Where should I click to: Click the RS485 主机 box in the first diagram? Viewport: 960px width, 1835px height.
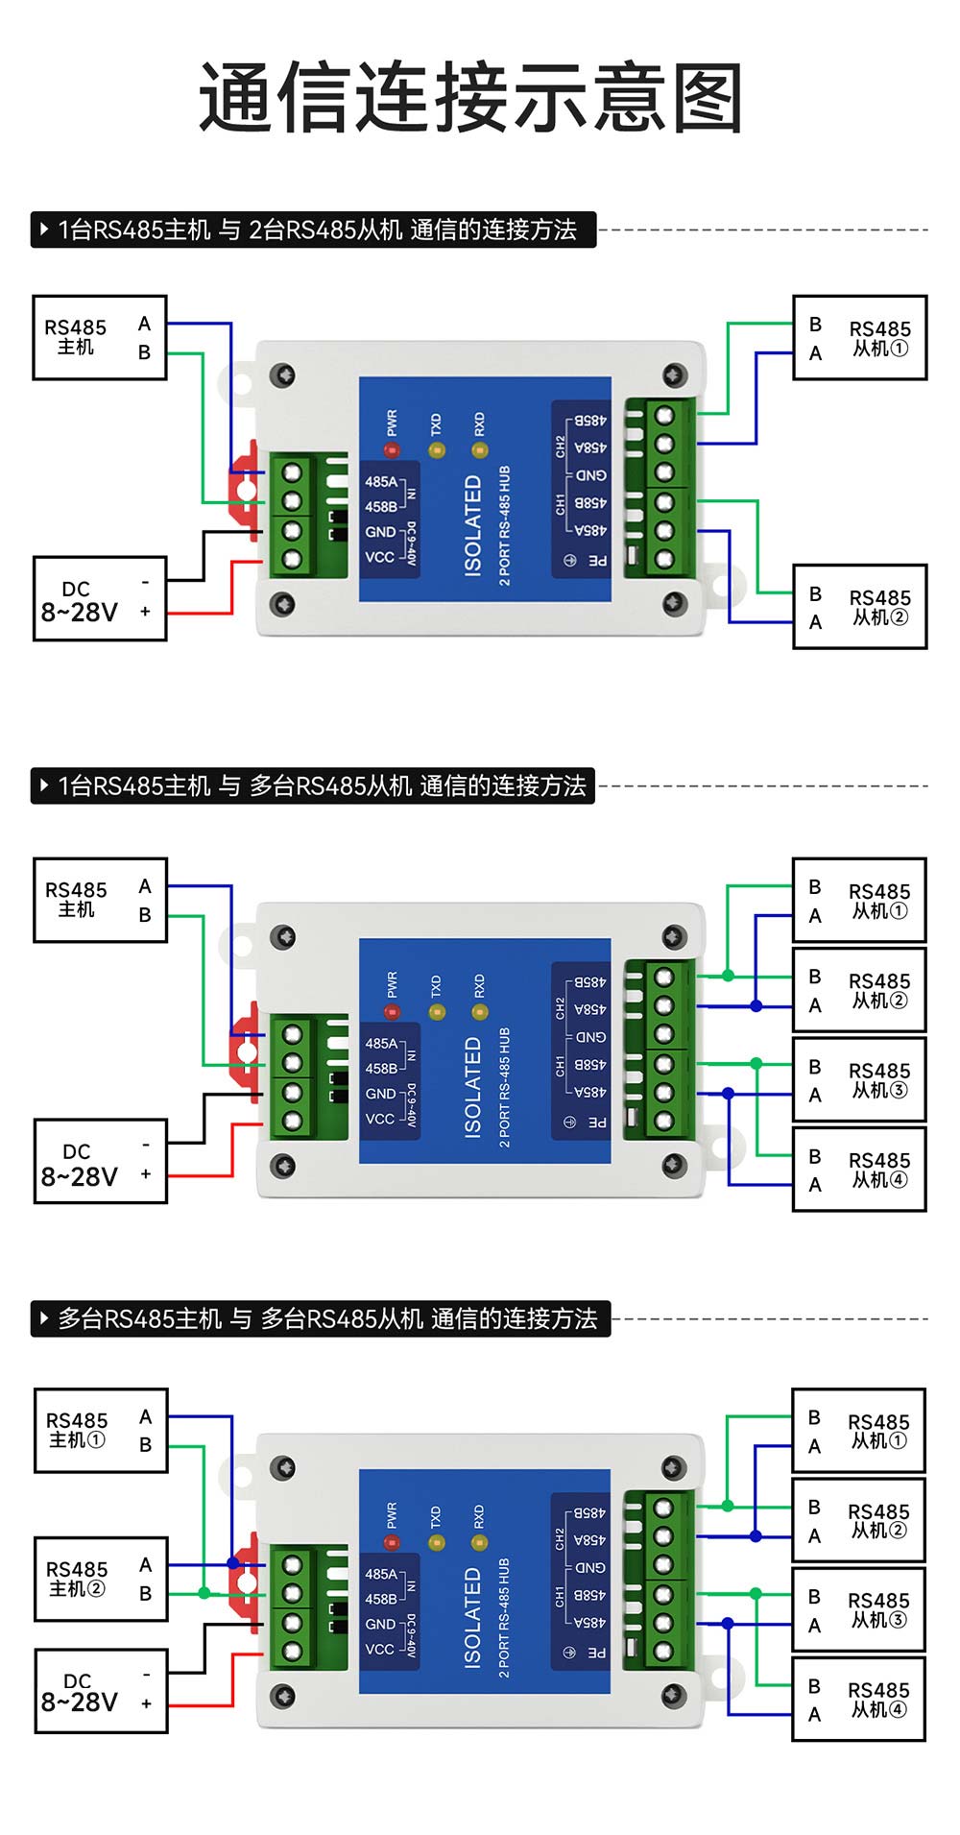click(x=100, y=338)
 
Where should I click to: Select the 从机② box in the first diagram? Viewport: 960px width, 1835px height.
click(x=859, y=607)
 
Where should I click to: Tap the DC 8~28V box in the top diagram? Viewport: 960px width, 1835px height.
click(x=100, y=599)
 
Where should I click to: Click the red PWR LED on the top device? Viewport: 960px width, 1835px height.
click(x=392, y=449)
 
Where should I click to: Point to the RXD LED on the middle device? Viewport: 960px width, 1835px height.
click(x=480, y=1012)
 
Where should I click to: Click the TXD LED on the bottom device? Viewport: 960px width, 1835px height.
click(x=436, y=1542)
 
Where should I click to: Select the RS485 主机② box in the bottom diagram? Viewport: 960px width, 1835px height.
click(x=101, y=1579)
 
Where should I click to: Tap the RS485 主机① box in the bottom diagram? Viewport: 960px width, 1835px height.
click(x=101, y=1430)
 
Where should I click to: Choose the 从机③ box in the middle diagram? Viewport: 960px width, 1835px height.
click(x=859, y=1079)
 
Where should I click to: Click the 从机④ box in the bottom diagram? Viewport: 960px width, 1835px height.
click(x=859, y=1699)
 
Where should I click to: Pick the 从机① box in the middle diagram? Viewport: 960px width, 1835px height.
click(x=859, y=900)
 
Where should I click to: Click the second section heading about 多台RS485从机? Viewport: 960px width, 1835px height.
click(x=313, y=785)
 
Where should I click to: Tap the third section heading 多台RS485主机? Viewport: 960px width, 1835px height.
click(x=321, y=1318)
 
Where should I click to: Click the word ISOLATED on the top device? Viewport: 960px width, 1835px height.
click(x=472, y=525)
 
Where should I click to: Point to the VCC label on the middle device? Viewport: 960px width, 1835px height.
click(x=380, y=1119)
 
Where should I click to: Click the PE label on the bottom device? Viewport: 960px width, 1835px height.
click(x=596, y=1653)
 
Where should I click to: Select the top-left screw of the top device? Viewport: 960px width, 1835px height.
click(x=282, y=374)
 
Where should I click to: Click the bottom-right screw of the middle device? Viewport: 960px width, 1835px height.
click(x=675, y=1165)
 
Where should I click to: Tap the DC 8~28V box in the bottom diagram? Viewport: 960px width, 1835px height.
click(x=101, y=1691)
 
